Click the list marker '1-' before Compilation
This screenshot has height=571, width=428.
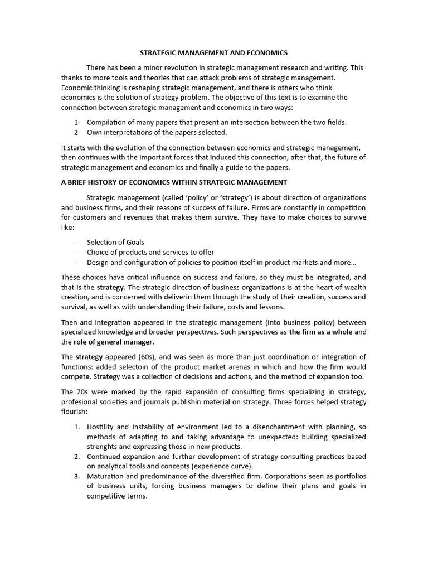(x=77, y=122)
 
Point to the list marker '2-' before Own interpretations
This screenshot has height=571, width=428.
(x=77, y=132)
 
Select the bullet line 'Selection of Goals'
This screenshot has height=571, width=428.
(x=115, y=242)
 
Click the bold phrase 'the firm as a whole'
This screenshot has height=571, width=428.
(x=320, y=331)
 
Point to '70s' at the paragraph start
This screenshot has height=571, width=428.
(x=80, y=392)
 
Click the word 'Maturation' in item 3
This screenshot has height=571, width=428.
(x=106, y=476)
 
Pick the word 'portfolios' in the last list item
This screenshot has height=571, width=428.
(x=349, y=476)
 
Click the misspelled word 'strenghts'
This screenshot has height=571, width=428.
(x=104, y=447)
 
